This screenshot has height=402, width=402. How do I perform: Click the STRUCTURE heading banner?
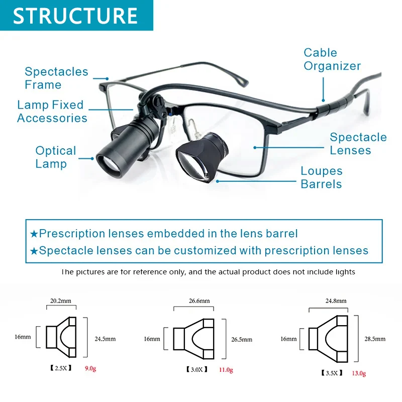pos(76,16)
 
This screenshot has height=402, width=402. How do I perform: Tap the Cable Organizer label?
pos(332,59)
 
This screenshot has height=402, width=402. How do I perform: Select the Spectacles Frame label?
pos(56,78)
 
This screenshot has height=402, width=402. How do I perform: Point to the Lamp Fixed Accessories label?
pos(52,111)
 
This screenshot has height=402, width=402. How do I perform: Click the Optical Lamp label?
pos(56,157)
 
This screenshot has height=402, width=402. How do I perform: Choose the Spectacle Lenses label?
pos(358,144)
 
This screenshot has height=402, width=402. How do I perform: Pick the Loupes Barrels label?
pos(322,177)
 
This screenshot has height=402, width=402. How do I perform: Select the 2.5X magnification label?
pos(61,368)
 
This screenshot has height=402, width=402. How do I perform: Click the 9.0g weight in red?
pos(90,368)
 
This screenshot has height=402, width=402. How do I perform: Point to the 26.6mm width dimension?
pos(199,300)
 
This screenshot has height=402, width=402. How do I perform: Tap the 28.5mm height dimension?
pos(375,339)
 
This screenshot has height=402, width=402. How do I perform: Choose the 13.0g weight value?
pos(359,373)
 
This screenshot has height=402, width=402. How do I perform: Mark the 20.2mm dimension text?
pos(60,300)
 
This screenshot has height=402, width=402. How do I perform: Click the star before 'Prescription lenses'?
pos(34,234)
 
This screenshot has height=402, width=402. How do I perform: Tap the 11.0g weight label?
pos(226,370)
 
